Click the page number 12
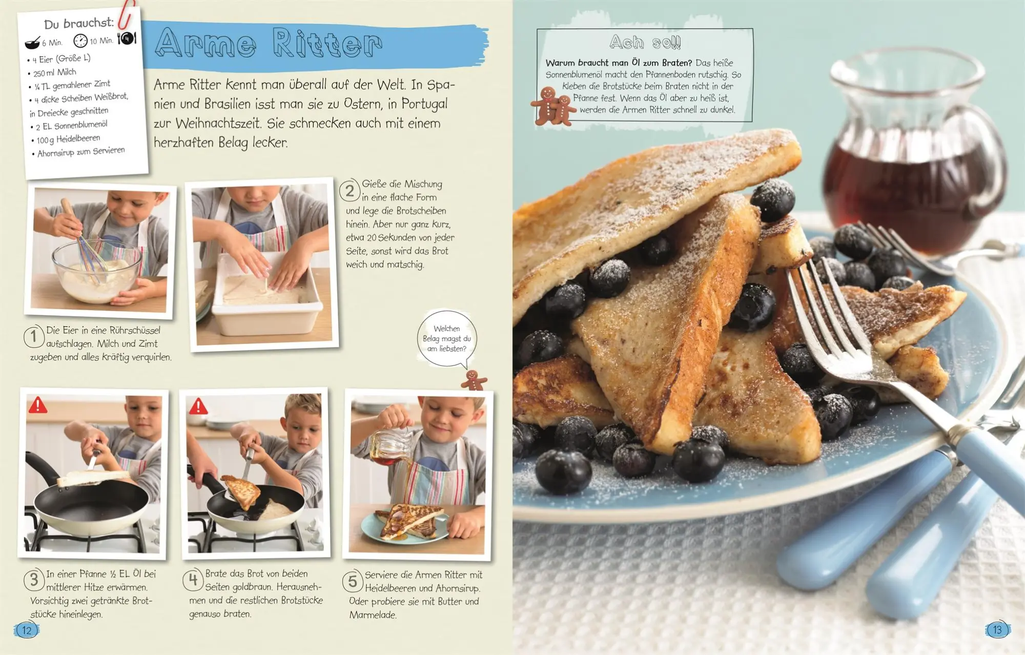click(x=27, y=630)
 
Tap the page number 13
click(x=997, y=630)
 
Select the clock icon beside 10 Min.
click(x=80, y=40)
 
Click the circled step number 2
click(x=350, y=191)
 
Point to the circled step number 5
click(x=353, y=581)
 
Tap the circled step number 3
click(x=34, y=580)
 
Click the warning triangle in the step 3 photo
click(x=38, y=405)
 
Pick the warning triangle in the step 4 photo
click(x=198, y=407)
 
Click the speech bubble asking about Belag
click(x=446, y=339)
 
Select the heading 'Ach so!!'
click(x=645, y=42)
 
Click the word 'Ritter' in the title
click(x=327, y=43)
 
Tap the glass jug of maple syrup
click(x=912, y=154)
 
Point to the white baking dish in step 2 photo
click(x=266, y=297)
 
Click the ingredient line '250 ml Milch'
click(x=55, y=73)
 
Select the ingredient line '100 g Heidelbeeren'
click(x=68, y=139)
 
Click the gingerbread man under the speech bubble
click(x=474, y=380)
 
